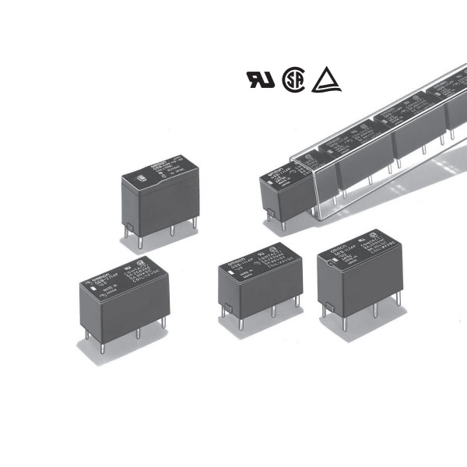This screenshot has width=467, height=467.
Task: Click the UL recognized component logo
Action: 260,80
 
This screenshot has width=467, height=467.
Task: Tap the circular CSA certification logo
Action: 292,79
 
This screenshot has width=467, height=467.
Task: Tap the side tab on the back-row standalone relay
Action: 130,228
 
